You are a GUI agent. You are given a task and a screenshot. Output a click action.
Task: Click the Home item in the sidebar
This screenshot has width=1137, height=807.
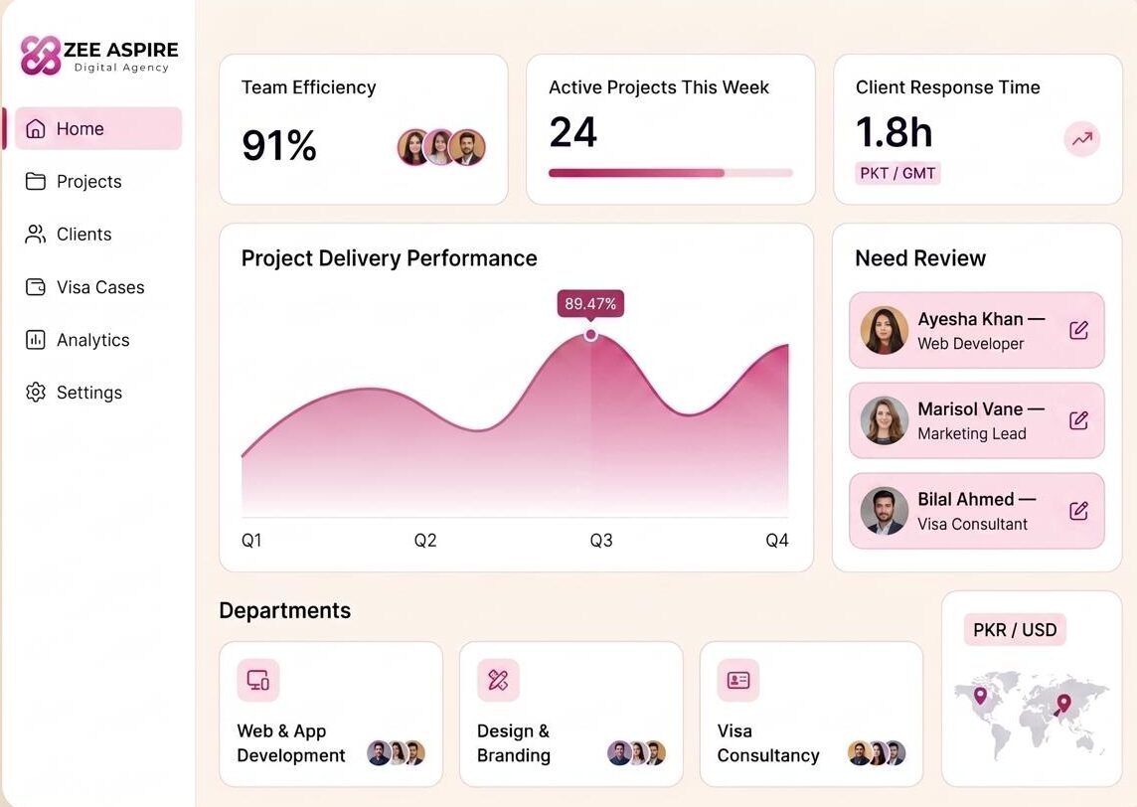(97, 128)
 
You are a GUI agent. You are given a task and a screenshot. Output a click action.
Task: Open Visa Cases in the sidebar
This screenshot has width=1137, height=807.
(84, 287)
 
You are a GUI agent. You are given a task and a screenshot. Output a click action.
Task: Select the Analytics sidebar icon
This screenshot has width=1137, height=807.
(36, 339)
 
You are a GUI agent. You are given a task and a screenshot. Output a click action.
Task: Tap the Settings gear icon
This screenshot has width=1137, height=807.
(36, 393)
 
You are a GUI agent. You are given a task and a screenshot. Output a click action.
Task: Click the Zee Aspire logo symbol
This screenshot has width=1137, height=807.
(41, 56)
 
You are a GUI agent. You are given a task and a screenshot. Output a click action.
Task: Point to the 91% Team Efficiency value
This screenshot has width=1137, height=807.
(279, 145)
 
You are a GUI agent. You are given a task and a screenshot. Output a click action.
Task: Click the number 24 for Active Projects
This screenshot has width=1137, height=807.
(572, 132)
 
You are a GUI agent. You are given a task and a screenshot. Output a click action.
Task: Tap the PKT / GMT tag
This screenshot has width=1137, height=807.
(897, 173)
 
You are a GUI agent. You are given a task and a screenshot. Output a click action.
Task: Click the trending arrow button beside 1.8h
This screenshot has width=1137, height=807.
(1082, 138)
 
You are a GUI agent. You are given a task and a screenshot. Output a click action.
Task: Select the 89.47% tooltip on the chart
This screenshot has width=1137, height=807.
(590, 303)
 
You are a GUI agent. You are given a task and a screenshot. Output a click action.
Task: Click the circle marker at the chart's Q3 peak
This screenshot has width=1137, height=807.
(591, 334)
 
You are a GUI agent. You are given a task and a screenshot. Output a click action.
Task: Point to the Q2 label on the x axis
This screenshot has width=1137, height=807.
(425, 541)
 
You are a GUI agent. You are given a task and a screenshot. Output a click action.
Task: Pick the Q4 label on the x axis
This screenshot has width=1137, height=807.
(777, 541)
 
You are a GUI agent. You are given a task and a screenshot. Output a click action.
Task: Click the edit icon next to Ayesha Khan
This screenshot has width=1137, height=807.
(1079, 330)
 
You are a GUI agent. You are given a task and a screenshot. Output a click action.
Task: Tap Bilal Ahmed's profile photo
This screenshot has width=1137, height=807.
(885, 511)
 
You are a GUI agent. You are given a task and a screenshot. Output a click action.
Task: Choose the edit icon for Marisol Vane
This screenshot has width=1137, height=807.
(1079, 420)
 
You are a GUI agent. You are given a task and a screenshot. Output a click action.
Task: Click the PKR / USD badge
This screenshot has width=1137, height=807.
(1015, 630)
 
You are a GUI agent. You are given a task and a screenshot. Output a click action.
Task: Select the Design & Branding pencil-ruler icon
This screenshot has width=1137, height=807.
(498, 680)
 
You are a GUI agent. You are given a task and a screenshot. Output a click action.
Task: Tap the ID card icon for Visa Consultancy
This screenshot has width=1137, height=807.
(738, 680)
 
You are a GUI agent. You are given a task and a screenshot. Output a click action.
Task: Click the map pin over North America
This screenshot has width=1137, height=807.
(980, 696)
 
